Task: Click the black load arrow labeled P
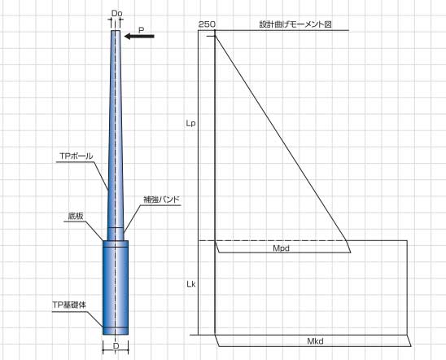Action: click(x=139, y=36)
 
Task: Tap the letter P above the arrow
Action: click(x=141, y=30)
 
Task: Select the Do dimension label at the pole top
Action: click(x=116, y=13)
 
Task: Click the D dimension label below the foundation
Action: click(x=116, y=346)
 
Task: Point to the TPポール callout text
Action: click(x=77, y=156)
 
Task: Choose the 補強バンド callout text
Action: click(x=162, y=200)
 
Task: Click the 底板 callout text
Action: click(x=76, y=216)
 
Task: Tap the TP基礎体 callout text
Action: click(x=69, y=305)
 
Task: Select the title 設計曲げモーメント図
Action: click(x=295, y=24)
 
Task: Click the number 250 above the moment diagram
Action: click(x=207, y=24)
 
